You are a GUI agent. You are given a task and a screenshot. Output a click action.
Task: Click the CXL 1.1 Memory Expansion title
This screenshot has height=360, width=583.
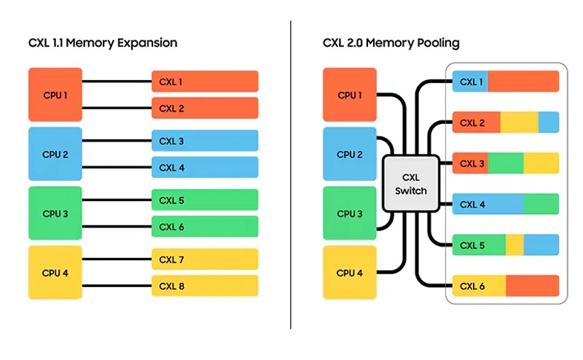[x=103, y=43]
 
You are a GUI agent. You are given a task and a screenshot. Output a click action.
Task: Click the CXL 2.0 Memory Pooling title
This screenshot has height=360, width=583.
[x=391, y=43]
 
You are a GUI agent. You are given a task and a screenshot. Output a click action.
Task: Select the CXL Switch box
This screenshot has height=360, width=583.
[x=410, y=184]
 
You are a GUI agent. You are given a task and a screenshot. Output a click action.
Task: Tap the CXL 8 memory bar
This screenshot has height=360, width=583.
[x=204, y=286]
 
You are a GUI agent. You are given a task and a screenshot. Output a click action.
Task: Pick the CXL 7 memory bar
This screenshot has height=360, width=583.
[x=204, y=260]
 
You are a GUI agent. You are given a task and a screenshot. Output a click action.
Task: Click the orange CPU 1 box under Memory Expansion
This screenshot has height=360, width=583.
[x=55, y=94]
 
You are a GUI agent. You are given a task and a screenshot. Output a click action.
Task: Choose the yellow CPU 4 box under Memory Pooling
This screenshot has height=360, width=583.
[x=350, y=272]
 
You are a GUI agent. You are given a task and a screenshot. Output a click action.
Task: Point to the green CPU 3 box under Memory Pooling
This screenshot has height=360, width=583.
[x=350, y=213]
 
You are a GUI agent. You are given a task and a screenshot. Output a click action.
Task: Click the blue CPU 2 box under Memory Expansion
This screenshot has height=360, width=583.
[x=55, y=154]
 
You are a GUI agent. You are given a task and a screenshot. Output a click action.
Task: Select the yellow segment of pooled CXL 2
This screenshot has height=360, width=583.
[x=519, y=123]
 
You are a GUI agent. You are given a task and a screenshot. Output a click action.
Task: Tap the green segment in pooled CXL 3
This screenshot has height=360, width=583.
[x=506, y=164]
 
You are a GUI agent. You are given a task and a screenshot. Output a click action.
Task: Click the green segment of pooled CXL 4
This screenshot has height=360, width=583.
[x=541, y=205]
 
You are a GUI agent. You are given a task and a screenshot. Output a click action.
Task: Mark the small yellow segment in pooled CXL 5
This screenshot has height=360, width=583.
[x=515, y=245]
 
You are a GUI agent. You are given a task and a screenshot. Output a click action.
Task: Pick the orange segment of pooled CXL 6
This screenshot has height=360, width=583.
[x=532, y=286]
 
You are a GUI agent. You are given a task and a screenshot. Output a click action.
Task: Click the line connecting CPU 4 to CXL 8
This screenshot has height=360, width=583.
[x=117, y=286]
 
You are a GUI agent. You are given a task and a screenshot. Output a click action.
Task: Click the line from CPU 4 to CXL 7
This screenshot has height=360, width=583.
[x=117, y=260]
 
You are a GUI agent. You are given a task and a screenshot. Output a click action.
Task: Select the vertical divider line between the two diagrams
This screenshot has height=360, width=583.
[x=291, y=177]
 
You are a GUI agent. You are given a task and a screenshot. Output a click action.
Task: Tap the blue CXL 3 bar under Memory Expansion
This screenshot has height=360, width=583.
[x=204, y=141]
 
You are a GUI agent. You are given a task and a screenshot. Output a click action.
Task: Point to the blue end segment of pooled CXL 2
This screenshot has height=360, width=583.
[x=548, y=123]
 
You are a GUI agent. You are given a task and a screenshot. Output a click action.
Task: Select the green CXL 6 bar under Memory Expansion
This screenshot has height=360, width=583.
[x=204, y=227]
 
